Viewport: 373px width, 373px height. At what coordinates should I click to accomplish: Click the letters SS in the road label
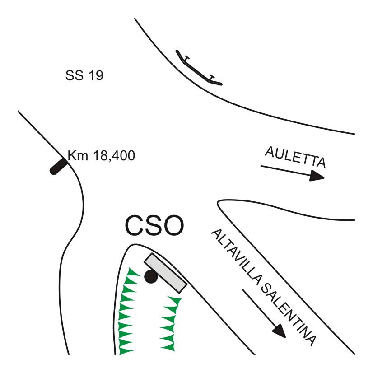click(x=74, y=76)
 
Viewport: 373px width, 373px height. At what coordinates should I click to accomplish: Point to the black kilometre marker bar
click(x=58, y=166)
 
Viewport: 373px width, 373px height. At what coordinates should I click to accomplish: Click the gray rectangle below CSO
click(x=165, y=273)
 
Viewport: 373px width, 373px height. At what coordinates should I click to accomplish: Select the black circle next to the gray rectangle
click(x=151, y=277)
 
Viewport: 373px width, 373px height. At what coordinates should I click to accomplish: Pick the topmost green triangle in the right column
click(x=173, y=300)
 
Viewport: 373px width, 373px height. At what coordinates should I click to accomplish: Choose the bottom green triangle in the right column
click(x=168, y=347)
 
